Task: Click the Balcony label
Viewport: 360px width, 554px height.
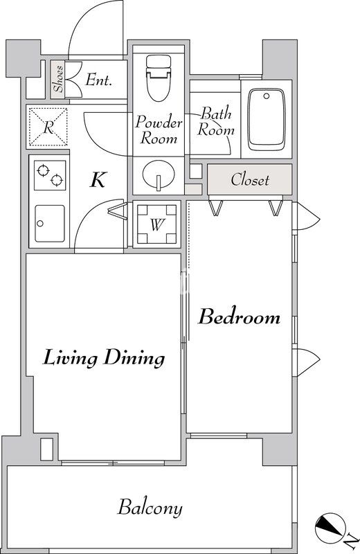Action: click(x=150, y=508)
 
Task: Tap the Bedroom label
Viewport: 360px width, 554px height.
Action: click(x=239, y=316)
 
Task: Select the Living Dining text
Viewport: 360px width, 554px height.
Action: click(x=104, y=357)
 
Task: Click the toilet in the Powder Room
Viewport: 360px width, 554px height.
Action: click(x=159, y=78)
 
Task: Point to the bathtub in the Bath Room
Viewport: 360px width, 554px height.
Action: click(x=267, y=120)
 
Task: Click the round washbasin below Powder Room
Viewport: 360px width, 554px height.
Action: click(x=159, y=175)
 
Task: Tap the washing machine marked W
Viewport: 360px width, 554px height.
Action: click(x=157, y=224)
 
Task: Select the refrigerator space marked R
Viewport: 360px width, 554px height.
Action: click(x=48, y=127)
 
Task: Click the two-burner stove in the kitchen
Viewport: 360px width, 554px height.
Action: click(x=50, y=175)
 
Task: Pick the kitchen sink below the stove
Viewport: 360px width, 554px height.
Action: click(x=50, y=224)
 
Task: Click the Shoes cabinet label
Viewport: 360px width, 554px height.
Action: click(x=58, y=79)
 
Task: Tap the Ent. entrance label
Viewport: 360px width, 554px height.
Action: click(x=98, y=80)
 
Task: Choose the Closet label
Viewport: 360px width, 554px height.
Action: click(x=250, y=180)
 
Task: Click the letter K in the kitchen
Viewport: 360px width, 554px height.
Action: click(x=98, y=180)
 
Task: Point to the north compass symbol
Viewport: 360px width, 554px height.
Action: click(x=330, y=528)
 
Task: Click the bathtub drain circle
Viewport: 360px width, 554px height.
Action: click(x=267, y=96)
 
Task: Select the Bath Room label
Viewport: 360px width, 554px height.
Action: click(x=216, y=122)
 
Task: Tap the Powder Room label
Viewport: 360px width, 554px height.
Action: click(x=159, y=129)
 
